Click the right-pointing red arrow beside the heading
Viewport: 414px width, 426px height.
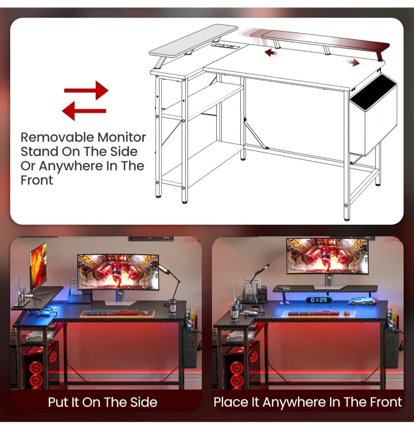(86, 90)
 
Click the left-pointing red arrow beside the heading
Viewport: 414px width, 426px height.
(84, 110)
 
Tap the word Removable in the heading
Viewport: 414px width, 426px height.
(57, 137)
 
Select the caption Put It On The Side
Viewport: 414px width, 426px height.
(102, 402)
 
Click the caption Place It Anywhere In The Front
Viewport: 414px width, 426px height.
(307, 402)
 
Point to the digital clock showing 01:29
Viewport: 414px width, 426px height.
(318, 300)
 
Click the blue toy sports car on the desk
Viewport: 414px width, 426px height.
(361, 301)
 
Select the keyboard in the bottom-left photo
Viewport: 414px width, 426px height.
(113, 313)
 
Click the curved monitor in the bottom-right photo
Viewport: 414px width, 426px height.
(327, 256)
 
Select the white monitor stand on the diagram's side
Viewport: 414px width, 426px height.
(194, 39)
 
